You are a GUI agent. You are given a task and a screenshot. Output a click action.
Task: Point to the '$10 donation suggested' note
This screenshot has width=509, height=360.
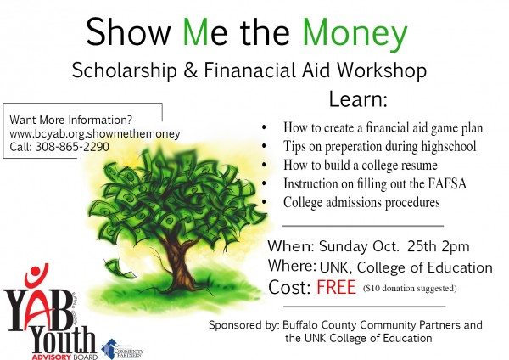[409, 289]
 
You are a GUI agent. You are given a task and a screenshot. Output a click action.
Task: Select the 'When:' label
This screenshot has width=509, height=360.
[291, 248]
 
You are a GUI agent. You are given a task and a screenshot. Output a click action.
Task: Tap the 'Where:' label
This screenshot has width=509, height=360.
[293, 267]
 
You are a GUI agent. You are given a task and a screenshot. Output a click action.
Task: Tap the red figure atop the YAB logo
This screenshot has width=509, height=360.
[35, 276]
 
